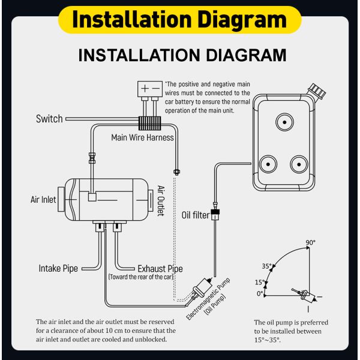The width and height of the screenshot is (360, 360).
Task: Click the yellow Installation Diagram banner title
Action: pyautogui.click(x=179, y=19)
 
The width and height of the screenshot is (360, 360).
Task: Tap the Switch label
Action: pyautogui.click(x=49, y=119)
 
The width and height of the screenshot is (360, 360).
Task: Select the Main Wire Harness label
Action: pyautogui.click(x=143, y=137)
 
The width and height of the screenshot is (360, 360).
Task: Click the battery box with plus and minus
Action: pyautogui.click(x=150, y=88)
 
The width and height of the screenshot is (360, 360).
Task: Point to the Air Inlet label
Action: pyautogui.click(x=44, y=199)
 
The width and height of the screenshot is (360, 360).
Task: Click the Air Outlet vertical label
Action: pyautogui.click(x=161, y=200)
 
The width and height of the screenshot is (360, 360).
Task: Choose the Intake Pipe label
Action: pyautogui.click(x=58, y=268)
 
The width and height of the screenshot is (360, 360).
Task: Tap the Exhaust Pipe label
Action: pyautogui.click(x=160, y=269)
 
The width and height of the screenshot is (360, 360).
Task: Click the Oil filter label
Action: pyautogui.click(x=195, y=215)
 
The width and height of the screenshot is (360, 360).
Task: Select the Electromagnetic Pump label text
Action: pyautogui.click(x=208, y=299)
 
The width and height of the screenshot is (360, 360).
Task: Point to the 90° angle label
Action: pyautogui.click(x=310, y=243)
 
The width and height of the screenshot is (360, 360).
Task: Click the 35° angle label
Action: pyautogui.click(x=267, y=266)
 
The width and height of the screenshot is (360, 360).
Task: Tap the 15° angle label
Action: pyautogui.click(x=259, y=282)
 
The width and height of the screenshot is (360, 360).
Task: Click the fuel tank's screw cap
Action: pyautogui.click(x=317, y=91)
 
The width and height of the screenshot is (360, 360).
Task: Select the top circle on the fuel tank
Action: pyautogui.click(x=283, y=122)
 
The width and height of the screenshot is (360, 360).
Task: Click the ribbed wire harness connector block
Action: pyautogui.click(x=150, y=123)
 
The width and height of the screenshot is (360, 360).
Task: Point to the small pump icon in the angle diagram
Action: pyautogui.click(x=302, y=294)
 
